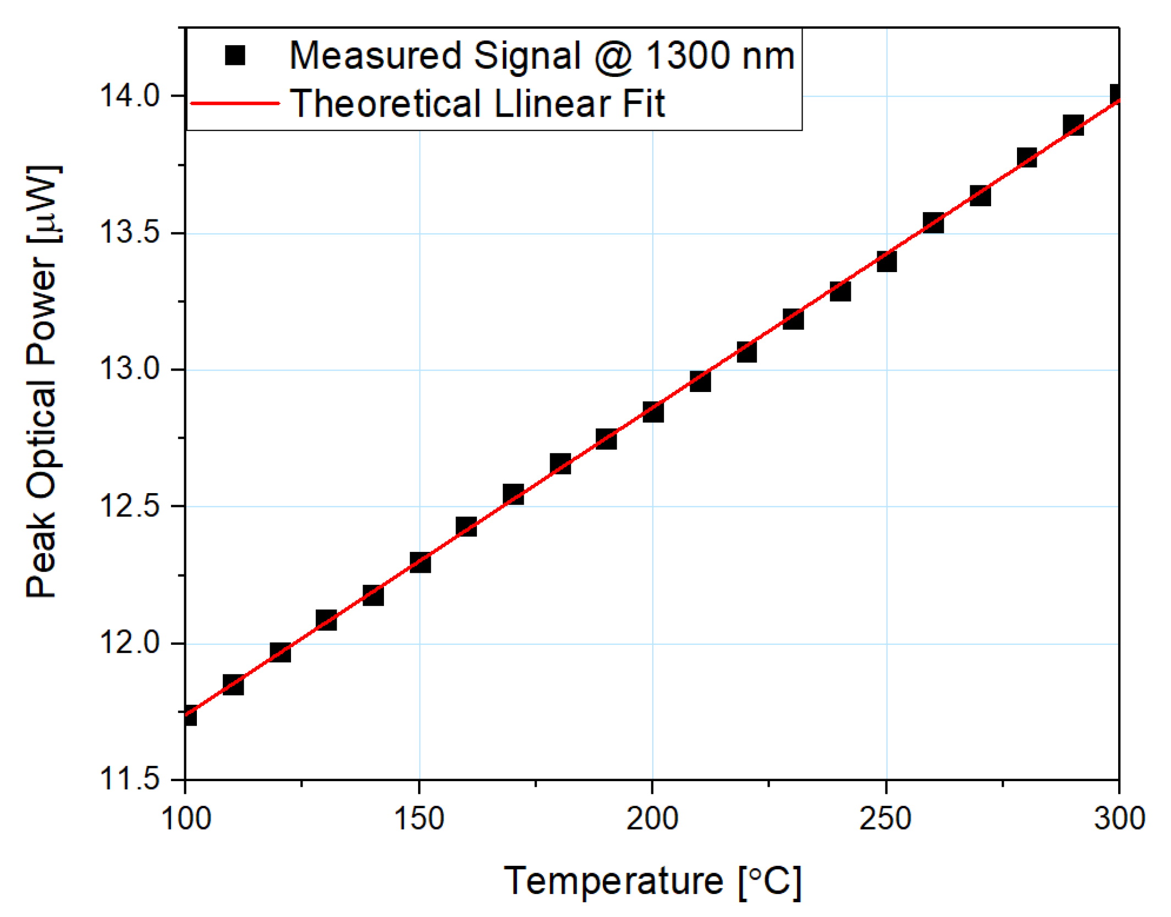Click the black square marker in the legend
235,55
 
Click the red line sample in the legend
235,103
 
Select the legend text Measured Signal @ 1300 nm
542,56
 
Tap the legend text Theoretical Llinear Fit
477,103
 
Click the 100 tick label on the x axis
186,819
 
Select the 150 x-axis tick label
419,819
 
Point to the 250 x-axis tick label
886,819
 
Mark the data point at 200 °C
653,411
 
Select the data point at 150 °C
420,562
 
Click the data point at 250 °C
886,261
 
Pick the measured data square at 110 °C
233,685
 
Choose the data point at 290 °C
1073,125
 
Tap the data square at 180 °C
560,464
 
